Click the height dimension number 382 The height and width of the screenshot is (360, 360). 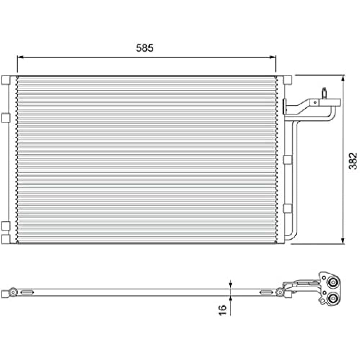click(352, 160)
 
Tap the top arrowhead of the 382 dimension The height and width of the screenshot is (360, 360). click(343, 78)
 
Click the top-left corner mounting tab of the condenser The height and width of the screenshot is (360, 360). click(6, 80)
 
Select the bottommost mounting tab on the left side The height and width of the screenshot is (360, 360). click(6, 239)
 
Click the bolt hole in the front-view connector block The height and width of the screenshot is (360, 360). click(315, 102)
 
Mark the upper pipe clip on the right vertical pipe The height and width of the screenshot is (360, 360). click(288, 159)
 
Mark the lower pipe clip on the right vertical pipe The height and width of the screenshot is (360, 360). click(288, 208)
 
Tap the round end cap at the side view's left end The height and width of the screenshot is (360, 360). click(13, 292)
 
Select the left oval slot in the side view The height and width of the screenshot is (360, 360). click(27, 292)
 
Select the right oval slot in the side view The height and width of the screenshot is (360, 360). click(266, 292)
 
